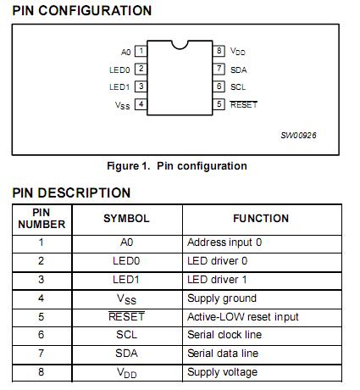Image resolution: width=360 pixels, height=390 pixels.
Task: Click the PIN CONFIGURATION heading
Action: [82, 10]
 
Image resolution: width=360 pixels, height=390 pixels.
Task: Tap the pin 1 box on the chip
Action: [141, 51]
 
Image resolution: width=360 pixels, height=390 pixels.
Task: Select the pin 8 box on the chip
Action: [219, 51]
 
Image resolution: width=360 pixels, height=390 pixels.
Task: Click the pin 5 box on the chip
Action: [219, 104]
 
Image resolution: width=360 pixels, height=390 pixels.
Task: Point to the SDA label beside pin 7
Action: [238, 70]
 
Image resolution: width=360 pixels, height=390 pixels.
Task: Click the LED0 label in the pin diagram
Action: [119, 70]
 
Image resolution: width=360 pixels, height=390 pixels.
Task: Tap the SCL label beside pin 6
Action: [238, 86]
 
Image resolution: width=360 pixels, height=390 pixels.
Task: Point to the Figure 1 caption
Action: [177, 165]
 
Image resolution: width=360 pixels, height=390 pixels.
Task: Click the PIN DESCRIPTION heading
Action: [71, 192]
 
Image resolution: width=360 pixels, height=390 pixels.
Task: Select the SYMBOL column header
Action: [126, 219]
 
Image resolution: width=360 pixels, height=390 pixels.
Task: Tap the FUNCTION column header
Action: [261, 219]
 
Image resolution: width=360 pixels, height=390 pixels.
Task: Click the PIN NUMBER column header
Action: [42, 219]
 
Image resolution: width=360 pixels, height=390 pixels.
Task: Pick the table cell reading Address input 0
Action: [224, 242]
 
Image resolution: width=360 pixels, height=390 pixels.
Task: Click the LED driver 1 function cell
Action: [217, 279]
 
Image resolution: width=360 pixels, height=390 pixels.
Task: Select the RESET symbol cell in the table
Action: [126, 316]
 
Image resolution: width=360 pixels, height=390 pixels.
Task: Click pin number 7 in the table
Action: [42, 354]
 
